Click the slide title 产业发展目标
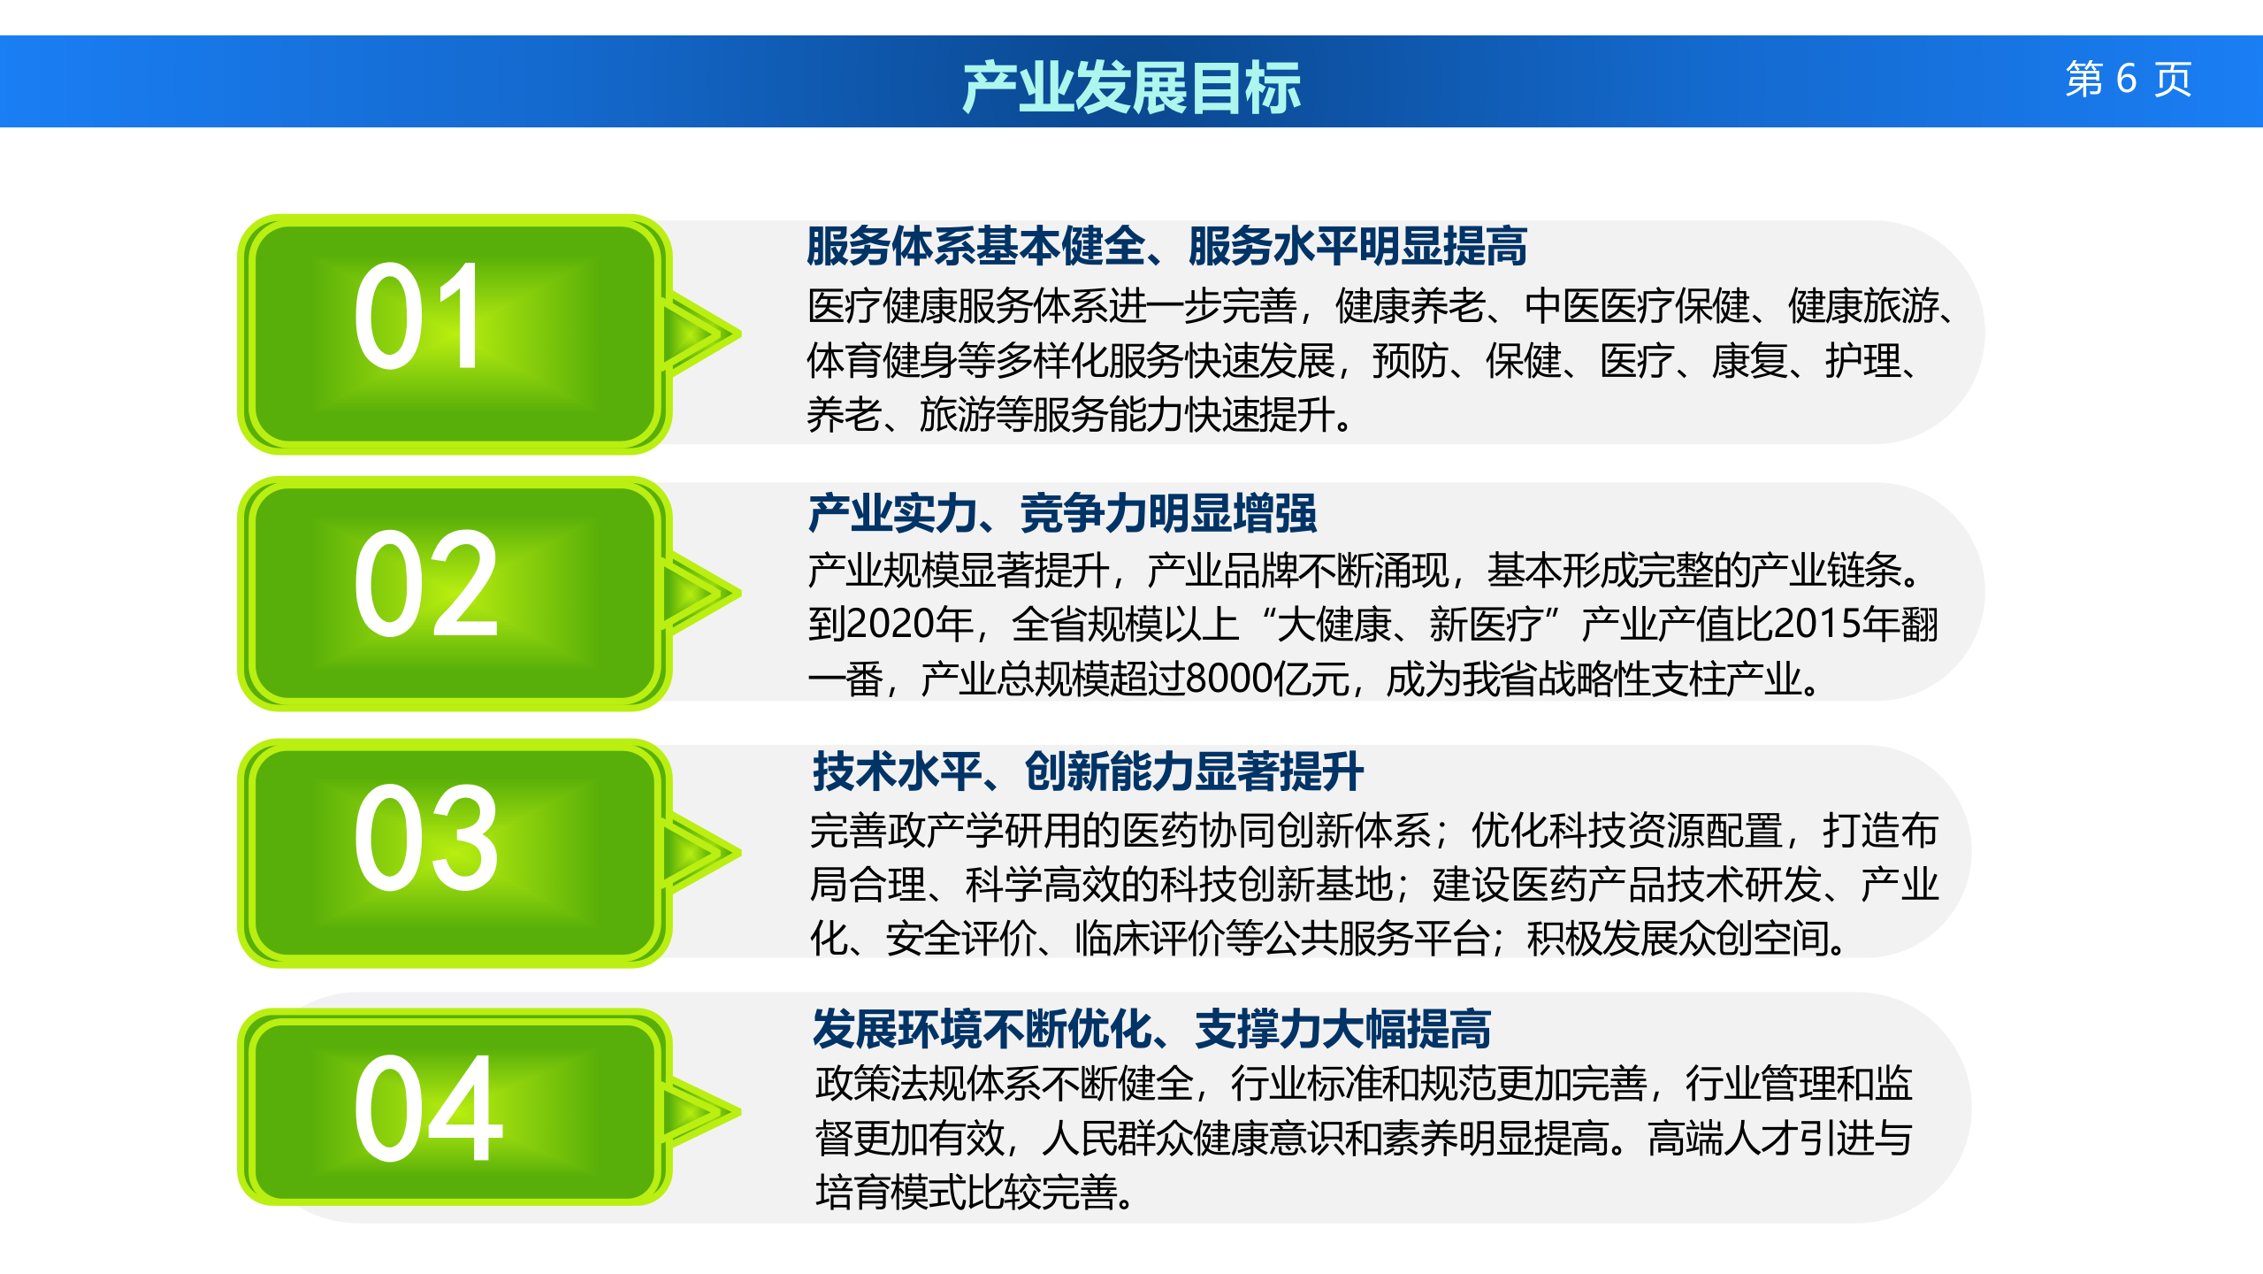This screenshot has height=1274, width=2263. tap(1131, 87)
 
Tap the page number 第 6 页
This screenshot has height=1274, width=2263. tap(2128, 80)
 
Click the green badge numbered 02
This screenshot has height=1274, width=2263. tap(453, 593)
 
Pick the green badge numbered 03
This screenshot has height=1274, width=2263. tap(453, 852)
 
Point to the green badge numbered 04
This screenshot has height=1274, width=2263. tap(453, 1108)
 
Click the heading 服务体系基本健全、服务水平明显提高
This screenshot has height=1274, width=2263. tap(1166, 246)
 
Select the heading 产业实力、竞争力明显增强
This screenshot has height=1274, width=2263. tap(1062, 513)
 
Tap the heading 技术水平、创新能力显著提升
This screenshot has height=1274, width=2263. tap(1088, 771)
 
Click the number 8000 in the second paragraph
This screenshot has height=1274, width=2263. tap(1222, 679)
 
